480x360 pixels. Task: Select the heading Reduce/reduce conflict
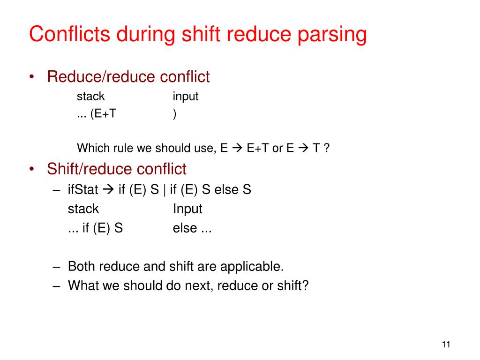[x=128, y=77]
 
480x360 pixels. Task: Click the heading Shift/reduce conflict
[x=117, y=169]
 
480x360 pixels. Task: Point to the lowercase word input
[x=186, y=97]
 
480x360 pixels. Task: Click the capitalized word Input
[x=187, y=209]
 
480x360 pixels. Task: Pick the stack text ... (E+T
[x=97, y=114]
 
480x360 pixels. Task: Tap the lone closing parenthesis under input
[x=175, y=114]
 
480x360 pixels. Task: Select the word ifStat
[x=83, y=190]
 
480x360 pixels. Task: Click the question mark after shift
[x=306, y=285]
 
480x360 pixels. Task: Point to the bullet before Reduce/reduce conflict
[x=32, y=77]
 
